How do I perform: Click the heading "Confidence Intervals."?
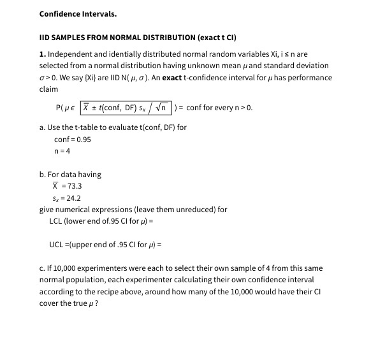[78, 13]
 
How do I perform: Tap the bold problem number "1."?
[43, 54]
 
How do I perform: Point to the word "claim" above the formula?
[48, 90]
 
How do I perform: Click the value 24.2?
[74, 198]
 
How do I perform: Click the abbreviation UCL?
[57, 245]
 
